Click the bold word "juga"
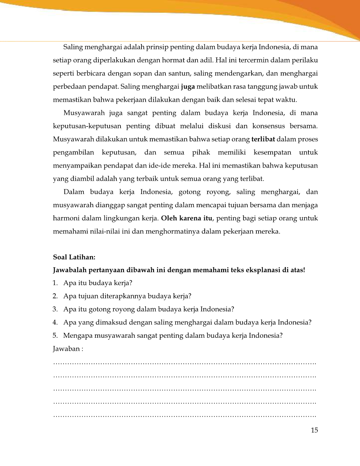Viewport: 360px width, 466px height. pos(187,87)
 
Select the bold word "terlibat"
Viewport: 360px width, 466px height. pos(263,140)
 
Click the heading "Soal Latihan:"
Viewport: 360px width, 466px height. pos(74,257)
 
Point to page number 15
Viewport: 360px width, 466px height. pos(314,430)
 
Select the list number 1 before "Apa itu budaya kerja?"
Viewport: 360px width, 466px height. pos(55,283)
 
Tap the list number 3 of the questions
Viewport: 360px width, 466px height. pos(55,309)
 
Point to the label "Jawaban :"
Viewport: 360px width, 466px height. pos(68,349)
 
